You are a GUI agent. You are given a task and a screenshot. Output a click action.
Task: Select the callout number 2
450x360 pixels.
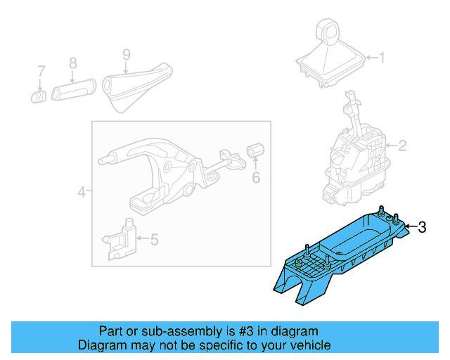(402, 146)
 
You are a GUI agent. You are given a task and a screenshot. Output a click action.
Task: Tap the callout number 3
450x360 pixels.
(422, 226)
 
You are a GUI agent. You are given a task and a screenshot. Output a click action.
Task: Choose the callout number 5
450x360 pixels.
(154, 240)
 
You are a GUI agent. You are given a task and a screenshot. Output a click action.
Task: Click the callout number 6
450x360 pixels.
(256, 177)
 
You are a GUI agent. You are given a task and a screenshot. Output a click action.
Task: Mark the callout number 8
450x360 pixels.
(72, 63)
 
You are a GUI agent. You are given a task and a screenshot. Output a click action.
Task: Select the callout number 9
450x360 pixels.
(126, 53)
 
